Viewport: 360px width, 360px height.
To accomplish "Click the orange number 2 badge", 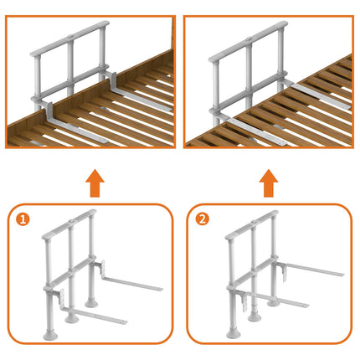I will pyautogui.click(x=202, y=219).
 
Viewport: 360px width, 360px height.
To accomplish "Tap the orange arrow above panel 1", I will pyautogui.click(x=95, y=183).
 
